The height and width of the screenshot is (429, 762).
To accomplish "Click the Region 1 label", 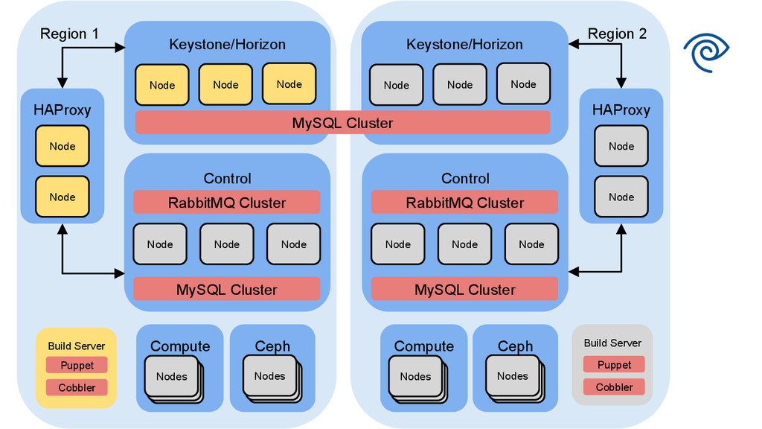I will (69, 34).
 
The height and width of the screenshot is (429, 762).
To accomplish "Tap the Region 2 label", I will (617, 34).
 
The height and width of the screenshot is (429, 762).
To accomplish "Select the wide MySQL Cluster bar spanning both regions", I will (342, 123).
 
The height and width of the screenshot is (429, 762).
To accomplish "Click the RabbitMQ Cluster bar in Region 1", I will (227, 203).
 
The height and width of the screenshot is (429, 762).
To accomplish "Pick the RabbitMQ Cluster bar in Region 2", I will (464, 203).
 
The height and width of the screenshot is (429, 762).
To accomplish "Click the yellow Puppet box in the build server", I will (77, 365).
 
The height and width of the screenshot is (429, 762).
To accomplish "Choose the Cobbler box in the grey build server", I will (614, 387).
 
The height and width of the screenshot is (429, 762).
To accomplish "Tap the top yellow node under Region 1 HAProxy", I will (63, 146).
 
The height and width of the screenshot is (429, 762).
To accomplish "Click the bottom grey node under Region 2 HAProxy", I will (621, 197).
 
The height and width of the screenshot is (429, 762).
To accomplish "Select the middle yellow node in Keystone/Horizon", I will (225, 84).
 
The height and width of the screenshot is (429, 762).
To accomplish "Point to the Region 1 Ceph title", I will (272, 346).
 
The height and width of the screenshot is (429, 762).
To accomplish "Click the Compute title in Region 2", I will (423, 346).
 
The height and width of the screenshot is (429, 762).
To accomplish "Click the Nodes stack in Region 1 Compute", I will (172, 377).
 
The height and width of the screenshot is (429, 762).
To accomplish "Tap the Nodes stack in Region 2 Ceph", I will (513, 377).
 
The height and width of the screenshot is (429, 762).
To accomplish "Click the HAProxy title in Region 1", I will (63, 110).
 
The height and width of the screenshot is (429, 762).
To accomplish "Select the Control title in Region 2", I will (465, 179).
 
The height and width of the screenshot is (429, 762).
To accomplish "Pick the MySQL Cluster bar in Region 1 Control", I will (227, 290).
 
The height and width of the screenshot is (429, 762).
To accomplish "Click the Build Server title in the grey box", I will (612, 343).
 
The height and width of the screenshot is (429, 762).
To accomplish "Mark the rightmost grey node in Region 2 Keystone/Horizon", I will (523, 84).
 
